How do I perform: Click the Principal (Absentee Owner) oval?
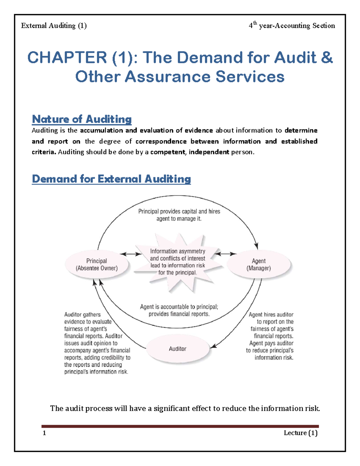(97, 264)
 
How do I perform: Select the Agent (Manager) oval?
(259, 264)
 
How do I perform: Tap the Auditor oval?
(178, 349)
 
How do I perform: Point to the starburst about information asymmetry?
(178, 262)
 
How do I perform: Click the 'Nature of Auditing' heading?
(82, 119)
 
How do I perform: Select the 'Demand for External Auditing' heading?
(111, 179)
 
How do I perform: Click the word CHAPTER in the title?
(67, 57)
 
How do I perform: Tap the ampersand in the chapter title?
(327, 57)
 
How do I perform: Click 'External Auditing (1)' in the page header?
(54, 26)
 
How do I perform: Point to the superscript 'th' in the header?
(255, 23)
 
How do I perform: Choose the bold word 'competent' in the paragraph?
(168, 152)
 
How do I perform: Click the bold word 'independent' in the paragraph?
(209, 152)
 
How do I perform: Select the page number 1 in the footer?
(44, 433)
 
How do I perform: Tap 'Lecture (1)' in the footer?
(300, 433)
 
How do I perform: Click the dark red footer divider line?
(180, 426)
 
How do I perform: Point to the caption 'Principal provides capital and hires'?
(179, 212)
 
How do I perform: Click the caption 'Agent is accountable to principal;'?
(179, 307)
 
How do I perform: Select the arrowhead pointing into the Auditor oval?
(213, 347)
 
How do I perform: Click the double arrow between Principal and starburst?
(131, 254)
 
